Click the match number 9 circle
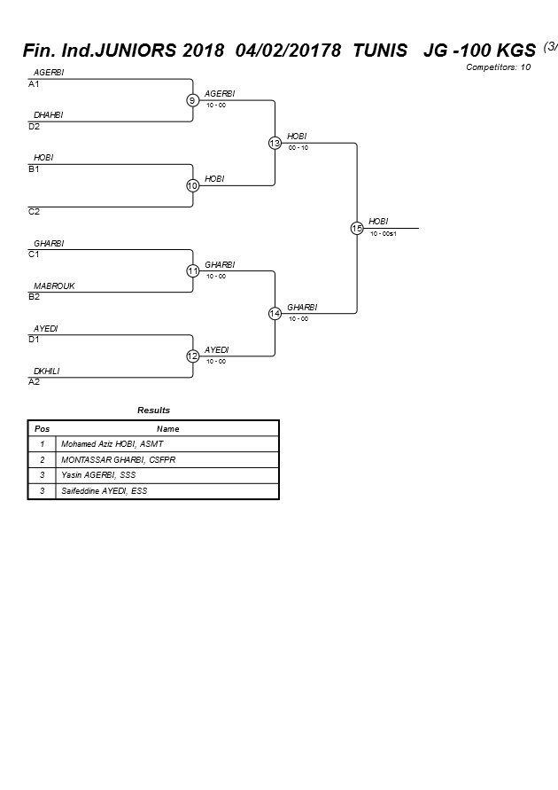coord(192,100)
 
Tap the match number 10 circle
coord(192,185)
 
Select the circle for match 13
coord(275,143)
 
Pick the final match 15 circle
coord(357,228)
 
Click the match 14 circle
coord(275,313)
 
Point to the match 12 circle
coord(192,356)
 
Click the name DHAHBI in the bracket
coord(48,115)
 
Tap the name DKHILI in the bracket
coord(46,372)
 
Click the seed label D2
coord(34,127)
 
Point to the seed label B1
coord(34,169)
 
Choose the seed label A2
coord(34,382)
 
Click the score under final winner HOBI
coord(383,234)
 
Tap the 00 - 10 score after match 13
coord(298,148)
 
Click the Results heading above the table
coord(153,411)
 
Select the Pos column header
coord(42,429)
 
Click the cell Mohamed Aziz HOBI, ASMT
coord(112,444)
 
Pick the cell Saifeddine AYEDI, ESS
coord(104,490)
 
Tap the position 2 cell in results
coord(42,460)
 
